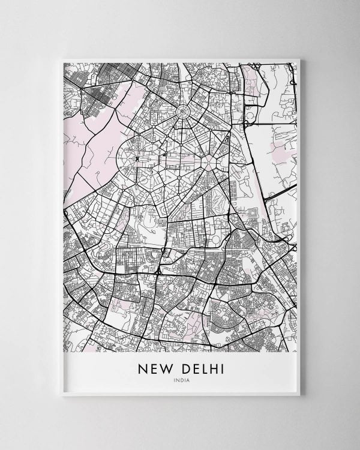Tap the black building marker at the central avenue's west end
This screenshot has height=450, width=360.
[x=137, y=158]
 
